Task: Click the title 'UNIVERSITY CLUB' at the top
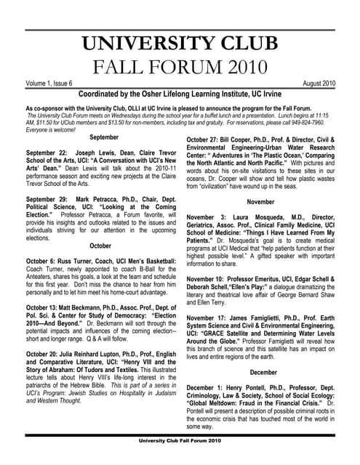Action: click(179, 42)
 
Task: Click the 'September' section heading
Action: click(105, 137)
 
